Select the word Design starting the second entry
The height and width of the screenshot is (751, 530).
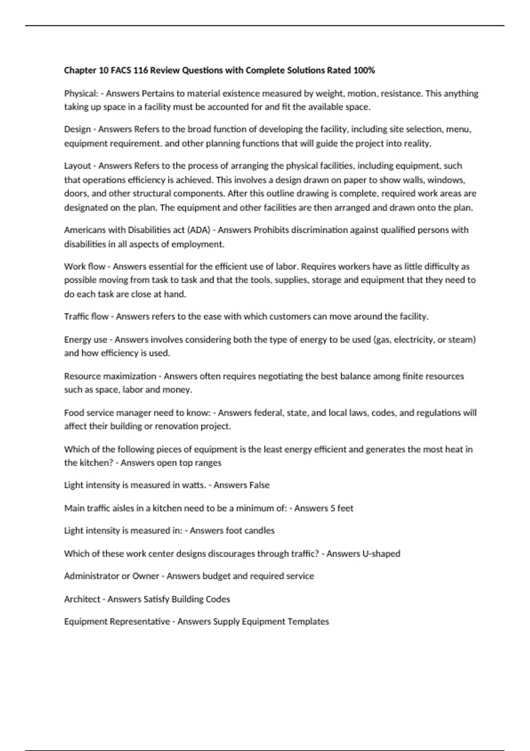coord(77,129)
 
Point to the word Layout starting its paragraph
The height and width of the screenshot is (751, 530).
coord(77,166)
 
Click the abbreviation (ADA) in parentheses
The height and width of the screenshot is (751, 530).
coord(199,230)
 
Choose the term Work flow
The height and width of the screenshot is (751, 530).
coord(85,266)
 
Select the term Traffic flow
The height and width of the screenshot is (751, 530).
coord(86,316)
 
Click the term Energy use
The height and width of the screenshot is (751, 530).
coord(86,340)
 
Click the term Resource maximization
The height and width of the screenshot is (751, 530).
coord(110,376)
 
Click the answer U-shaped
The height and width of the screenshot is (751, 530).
coord(381,554)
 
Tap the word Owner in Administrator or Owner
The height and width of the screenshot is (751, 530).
coord(145,576)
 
